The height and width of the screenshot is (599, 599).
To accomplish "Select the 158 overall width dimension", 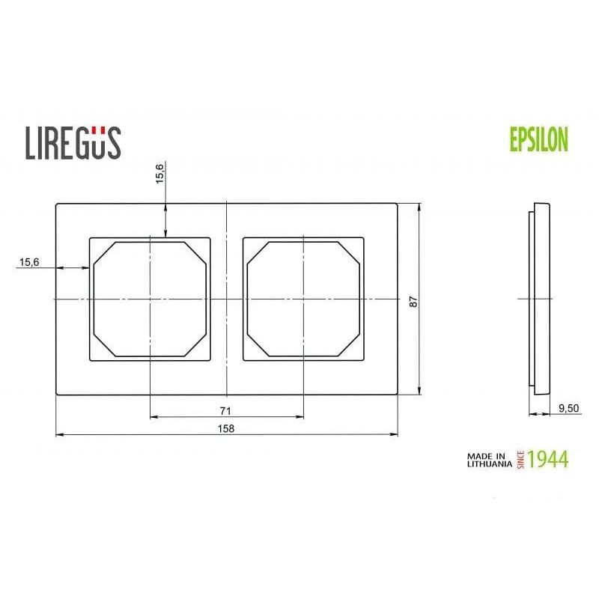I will point(226,428).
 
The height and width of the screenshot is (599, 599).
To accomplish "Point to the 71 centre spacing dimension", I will point(226,411).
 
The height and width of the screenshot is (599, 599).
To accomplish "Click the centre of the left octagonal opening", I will point(150,299).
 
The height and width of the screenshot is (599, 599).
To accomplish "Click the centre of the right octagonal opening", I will point(303,299).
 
